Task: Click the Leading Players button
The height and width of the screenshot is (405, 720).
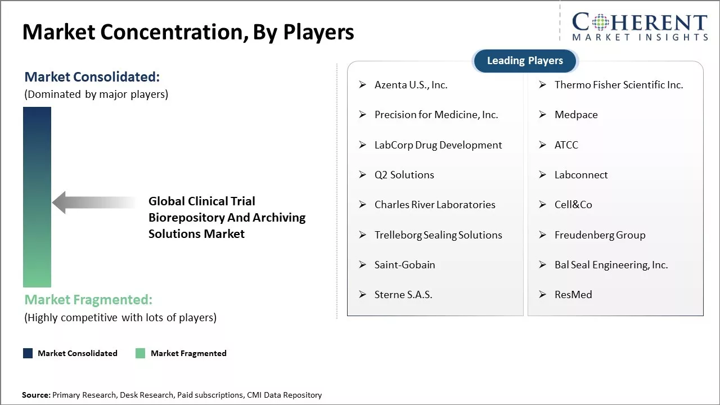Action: click(525, 61)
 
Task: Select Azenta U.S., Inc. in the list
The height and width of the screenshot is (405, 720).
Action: click(411, 85)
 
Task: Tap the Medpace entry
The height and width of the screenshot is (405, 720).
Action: click(576, 115)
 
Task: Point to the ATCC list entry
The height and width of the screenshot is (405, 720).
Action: click(566, 145)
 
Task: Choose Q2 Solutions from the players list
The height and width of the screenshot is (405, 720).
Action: click(404, 175)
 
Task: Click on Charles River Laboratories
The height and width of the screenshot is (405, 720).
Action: click(435, 205)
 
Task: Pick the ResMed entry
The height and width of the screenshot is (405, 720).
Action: click(573, 295)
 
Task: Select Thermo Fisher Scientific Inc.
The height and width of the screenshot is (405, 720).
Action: click(618, 85)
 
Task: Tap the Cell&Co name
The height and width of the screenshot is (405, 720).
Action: click(573, 205)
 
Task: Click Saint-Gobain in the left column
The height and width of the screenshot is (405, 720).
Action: click(404, 265)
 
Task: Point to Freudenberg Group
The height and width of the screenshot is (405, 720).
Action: click(600, 235)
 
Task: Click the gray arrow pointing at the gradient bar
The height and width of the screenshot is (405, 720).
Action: click(93, 202)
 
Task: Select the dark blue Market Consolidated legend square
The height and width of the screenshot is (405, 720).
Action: click(28, 353)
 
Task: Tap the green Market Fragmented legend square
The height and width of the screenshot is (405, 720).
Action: click(141, 353)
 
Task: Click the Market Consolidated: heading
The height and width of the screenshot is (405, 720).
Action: click(92, 77)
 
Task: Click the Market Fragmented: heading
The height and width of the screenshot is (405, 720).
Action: click(88, 300)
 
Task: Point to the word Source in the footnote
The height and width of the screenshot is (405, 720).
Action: click(35, 395)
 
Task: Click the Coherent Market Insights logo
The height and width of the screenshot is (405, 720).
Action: click(640, 27)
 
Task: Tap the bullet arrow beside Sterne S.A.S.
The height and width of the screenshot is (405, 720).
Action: click(362, 295)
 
